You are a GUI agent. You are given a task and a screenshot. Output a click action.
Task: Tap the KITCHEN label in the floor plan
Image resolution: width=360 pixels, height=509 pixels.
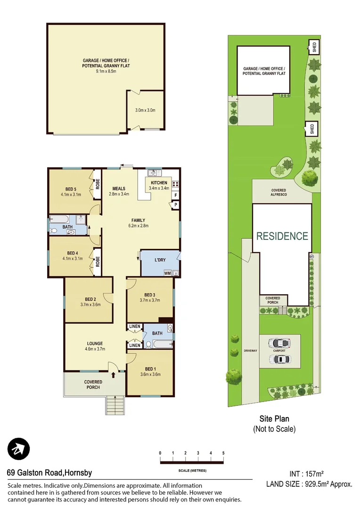pos(159,183)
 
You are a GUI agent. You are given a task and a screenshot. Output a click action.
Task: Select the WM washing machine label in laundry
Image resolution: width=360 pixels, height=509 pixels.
pos(167,273)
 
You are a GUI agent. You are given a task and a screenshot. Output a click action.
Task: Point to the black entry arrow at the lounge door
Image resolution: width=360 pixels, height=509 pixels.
pos(114,375)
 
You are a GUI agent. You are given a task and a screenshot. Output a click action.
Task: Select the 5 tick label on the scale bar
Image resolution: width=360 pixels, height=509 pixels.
pos(223,453)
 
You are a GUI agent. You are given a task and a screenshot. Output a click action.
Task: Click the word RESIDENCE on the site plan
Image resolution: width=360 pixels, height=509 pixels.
pos(282,236)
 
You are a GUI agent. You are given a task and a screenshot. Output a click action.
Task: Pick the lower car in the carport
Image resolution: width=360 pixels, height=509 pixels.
pos(280,359)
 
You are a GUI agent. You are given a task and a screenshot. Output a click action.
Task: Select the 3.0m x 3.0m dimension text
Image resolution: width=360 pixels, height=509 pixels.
pos(145,110)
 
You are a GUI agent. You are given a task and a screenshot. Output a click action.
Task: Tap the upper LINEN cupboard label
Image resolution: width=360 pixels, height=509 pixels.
pos(135,327)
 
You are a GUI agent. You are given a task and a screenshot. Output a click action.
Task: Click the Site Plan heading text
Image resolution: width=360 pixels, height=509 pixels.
pos(274,419)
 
